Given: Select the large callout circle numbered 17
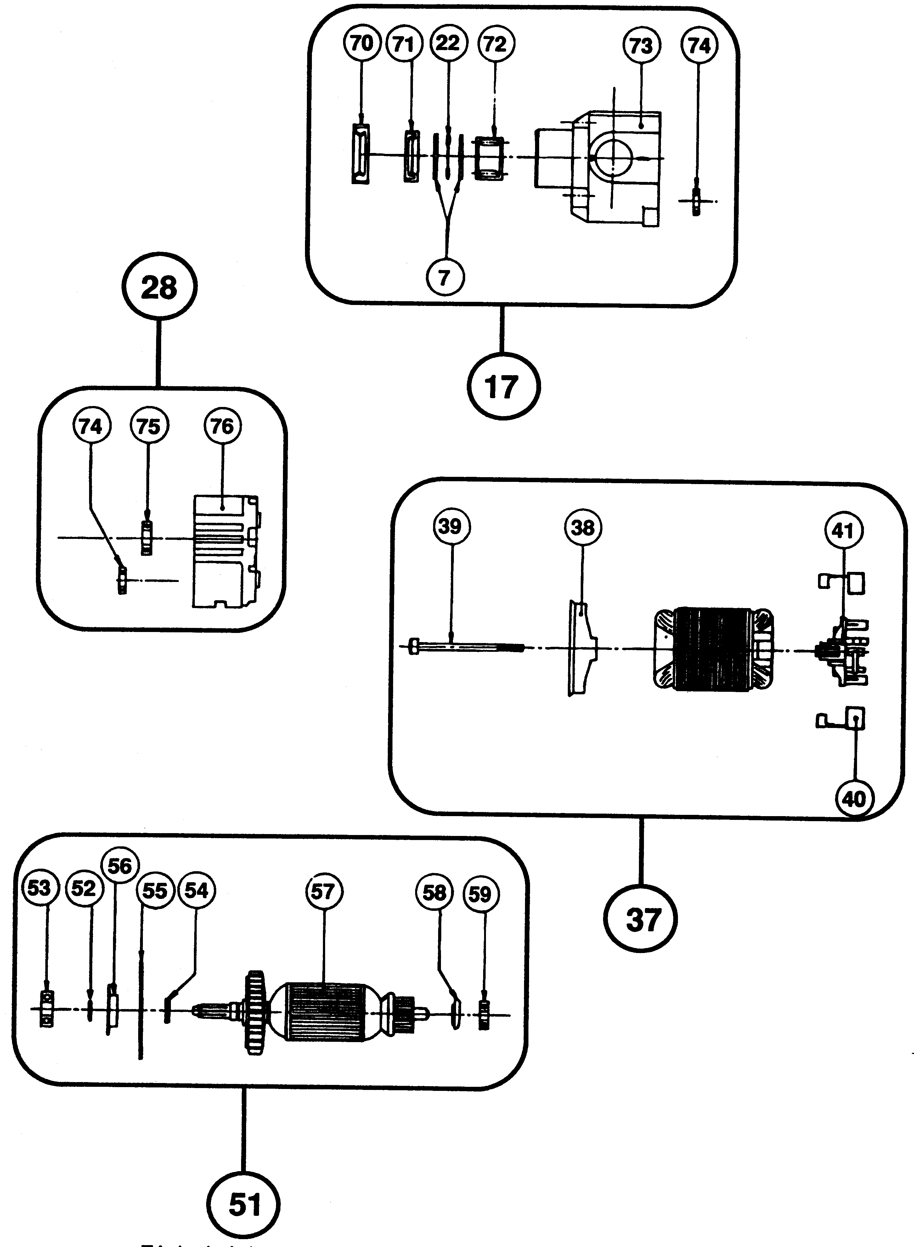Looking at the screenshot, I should coord(503,386).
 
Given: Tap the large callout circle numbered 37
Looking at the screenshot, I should coord(640,919).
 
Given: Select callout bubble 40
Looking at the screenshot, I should coord(854,798).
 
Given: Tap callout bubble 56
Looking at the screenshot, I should coord(120,866).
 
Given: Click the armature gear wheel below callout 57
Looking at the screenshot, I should coord(256,1013).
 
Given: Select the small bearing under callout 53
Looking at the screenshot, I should coord(47,1010).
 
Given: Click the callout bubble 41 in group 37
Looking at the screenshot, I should coord(843,531).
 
